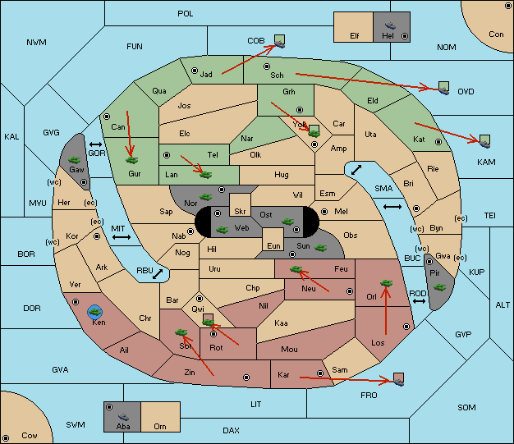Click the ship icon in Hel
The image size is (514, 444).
390,25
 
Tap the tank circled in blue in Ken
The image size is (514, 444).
95,312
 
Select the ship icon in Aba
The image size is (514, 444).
123,417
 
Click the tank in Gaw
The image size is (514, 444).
75,160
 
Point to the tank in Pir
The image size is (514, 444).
439,287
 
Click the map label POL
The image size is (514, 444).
186,14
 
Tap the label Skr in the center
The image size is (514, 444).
240,212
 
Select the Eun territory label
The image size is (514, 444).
273,245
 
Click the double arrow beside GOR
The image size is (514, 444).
96,144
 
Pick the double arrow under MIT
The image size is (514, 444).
122,237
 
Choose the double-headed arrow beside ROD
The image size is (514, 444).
419,301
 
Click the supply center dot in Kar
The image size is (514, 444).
320,373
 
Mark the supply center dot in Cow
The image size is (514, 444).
6,438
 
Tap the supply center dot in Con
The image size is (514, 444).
507,6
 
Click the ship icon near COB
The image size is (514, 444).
280,44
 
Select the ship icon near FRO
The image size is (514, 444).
398,382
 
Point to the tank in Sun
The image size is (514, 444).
320,248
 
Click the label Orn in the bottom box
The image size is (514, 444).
160,426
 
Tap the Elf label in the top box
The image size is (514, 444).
355,36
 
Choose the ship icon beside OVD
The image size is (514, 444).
444,91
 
